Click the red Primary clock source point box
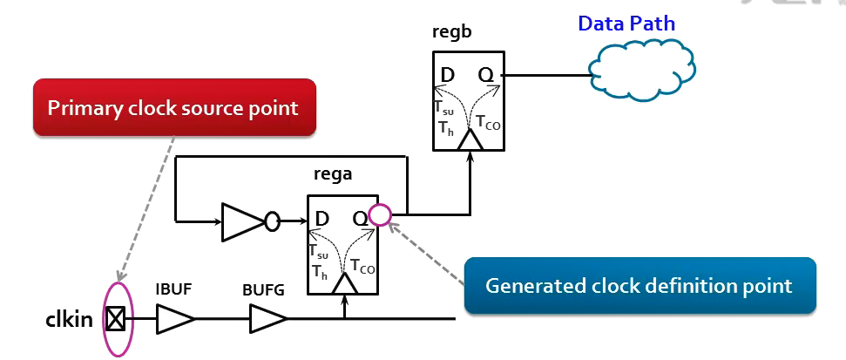[x=173, y=108]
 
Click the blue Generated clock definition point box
[x=639, y=285]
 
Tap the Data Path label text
[x=626, y=23]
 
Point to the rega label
[x=335, y=174]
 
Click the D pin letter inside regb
[x=447, y=75]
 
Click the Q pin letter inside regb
[x=486, y=75]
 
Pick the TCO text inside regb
[x=488, y=121]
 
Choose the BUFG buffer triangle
[x=264, y=319]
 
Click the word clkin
[x=70, y=319]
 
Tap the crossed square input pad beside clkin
[x=115, y=320]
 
